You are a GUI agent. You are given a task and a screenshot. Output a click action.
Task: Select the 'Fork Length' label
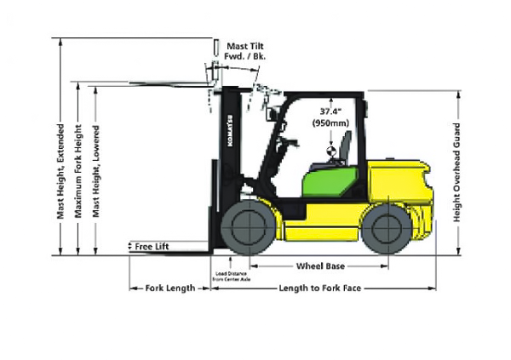click(x=170, y=288)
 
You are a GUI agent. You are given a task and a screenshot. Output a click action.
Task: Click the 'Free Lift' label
click(x=152, y=246)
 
